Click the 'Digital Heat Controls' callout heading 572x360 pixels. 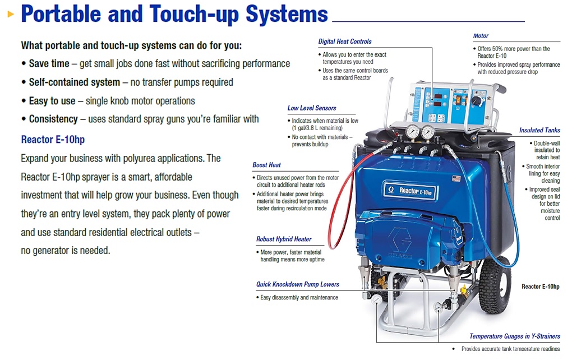(345, 41)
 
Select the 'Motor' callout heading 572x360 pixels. (481, 36)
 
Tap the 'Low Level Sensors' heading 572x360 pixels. (312, 108)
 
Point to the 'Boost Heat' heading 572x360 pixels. (267, 165)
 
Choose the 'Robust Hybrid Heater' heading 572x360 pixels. (284, 239)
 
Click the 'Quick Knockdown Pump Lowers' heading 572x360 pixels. (298, 284)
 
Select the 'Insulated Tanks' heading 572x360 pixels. (539, 130)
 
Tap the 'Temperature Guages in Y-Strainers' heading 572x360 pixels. (515, 336)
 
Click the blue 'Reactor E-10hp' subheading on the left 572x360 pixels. (53, 140)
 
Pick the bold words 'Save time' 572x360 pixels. (49, 64)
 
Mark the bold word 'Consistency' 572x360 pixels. (53, 119)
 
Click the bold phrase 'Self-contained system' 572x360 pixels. (74, 82)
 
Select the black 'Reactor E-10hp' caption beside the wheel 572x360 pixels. (540, 287)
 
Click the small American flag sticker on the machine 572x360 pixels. (456, 179)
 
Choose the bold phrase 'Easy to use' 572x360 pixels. (52, 101)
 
